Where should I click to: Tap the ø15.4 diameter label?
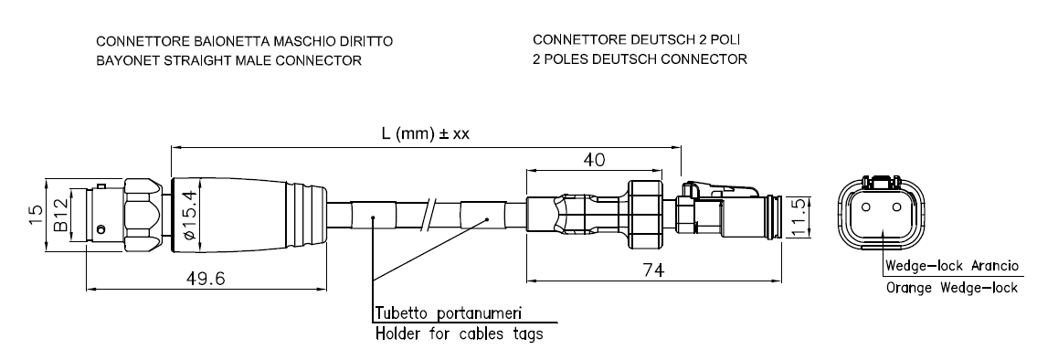coord(190,215)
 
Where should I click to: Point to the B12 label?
coord(61,215)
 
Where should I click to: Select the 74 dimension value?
coord(653,270)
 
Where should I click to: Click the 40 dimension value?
coord(593,160)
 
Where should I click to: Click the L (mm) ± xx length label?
coord(425,133)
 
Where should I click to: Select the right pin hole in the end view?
coord(897,206)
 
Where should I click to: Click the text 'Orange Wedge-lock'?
coord(952,289)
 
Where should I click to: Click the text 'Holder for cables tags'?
coord(459,334)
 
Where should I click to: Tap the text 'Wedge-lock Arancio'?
coord(952,266)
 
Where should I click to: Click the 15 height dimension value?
coord(36,215)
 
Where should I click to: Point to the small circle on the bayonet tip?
coord(100,229)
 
